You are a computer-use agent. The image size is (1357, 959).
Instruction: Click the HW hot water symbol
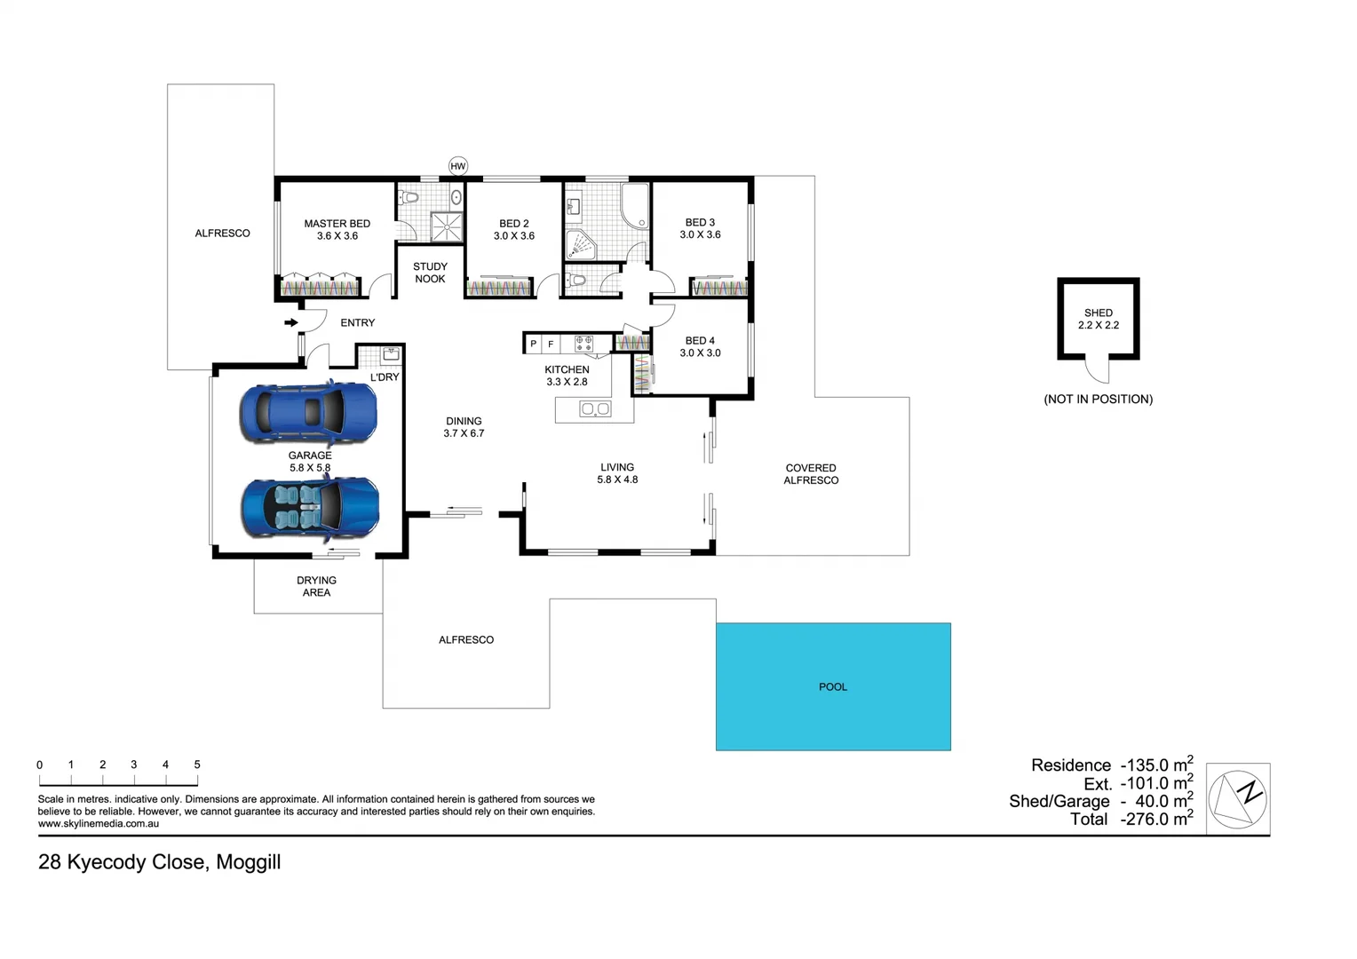tap(457, 166)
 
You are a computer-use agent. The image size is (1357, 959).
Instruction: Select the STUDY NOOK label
tap(430, 273)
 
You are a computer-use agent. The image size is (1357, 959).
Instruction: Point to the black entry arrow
tap(290, 322)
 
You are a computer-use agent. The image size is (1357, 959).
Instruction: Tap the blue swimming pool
tap(833, 686)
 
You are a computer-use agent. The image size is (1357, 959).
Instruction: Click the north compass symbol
tap(1237, 798)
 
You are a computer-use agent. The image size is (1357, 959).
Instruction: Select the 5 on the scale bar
tap(197, 765)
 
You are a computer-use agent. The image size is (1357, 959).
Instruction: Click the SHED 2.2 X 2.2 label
tap(1098, 319)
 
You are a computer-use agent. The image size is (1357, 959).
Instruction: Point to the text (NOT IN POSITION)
tap(1098, 400)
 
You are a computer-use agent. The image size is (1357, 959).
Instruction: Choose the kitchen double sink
tap(594, 409)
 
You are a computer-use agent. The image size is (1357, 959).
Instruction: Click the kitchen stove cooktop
tap(583, 343)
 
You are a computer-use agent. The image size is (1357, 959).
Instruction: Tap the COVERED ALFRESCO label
tap(811, 474)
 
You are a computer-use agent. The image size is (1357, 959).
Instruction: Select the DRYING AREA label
tap(316, 586)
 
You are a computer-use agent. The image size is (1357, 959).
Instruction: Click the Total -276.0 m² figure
tap(1131, 820)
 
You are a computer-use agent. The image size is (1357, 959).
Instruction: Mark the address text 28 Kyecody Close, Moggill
tap(160, 862)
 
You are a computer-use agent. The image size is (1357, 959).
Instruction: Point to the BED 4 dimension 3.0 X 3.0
tap(700, 353)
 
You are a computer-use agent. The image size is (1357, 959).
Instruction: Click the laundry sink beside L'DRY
tap(390, 354)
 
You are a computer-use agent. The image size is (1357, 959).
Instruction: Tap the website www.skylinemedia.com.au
tap(99, 824)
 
